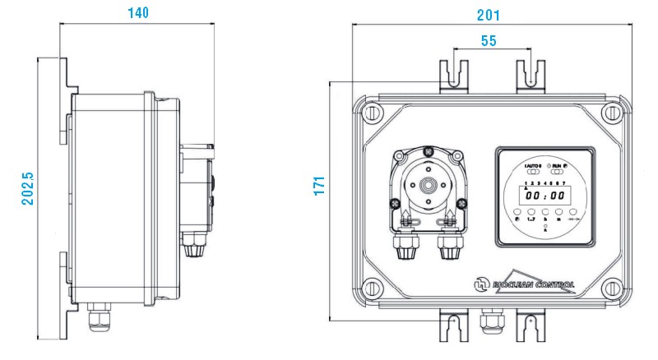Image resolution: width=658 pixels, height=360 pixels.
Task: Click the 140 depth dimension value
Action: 137,13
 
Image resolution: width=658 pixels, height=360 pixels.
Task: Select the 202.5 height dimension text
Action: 27,187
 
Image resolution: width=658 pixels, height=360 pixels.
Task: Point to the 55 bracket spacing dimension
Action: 489,42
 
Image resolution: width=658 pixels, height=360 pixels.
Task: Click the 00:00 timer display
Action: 545,196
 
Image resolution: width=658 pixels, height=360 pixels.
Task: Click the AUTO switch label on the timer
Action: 534,167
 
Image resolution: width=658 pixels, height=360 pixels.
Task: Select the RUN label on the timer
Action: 558,167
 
